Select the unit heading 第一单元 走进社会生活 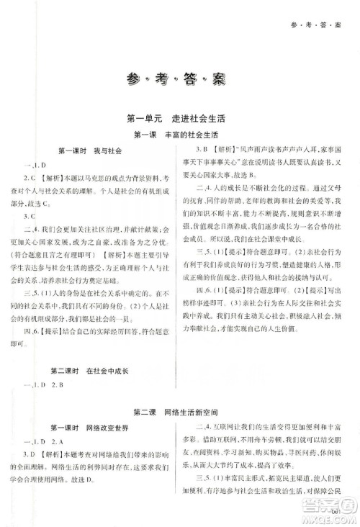(180, 118)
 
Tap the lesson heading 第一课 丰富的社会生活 (180, 135)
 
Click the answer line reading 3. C (32, 215)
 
